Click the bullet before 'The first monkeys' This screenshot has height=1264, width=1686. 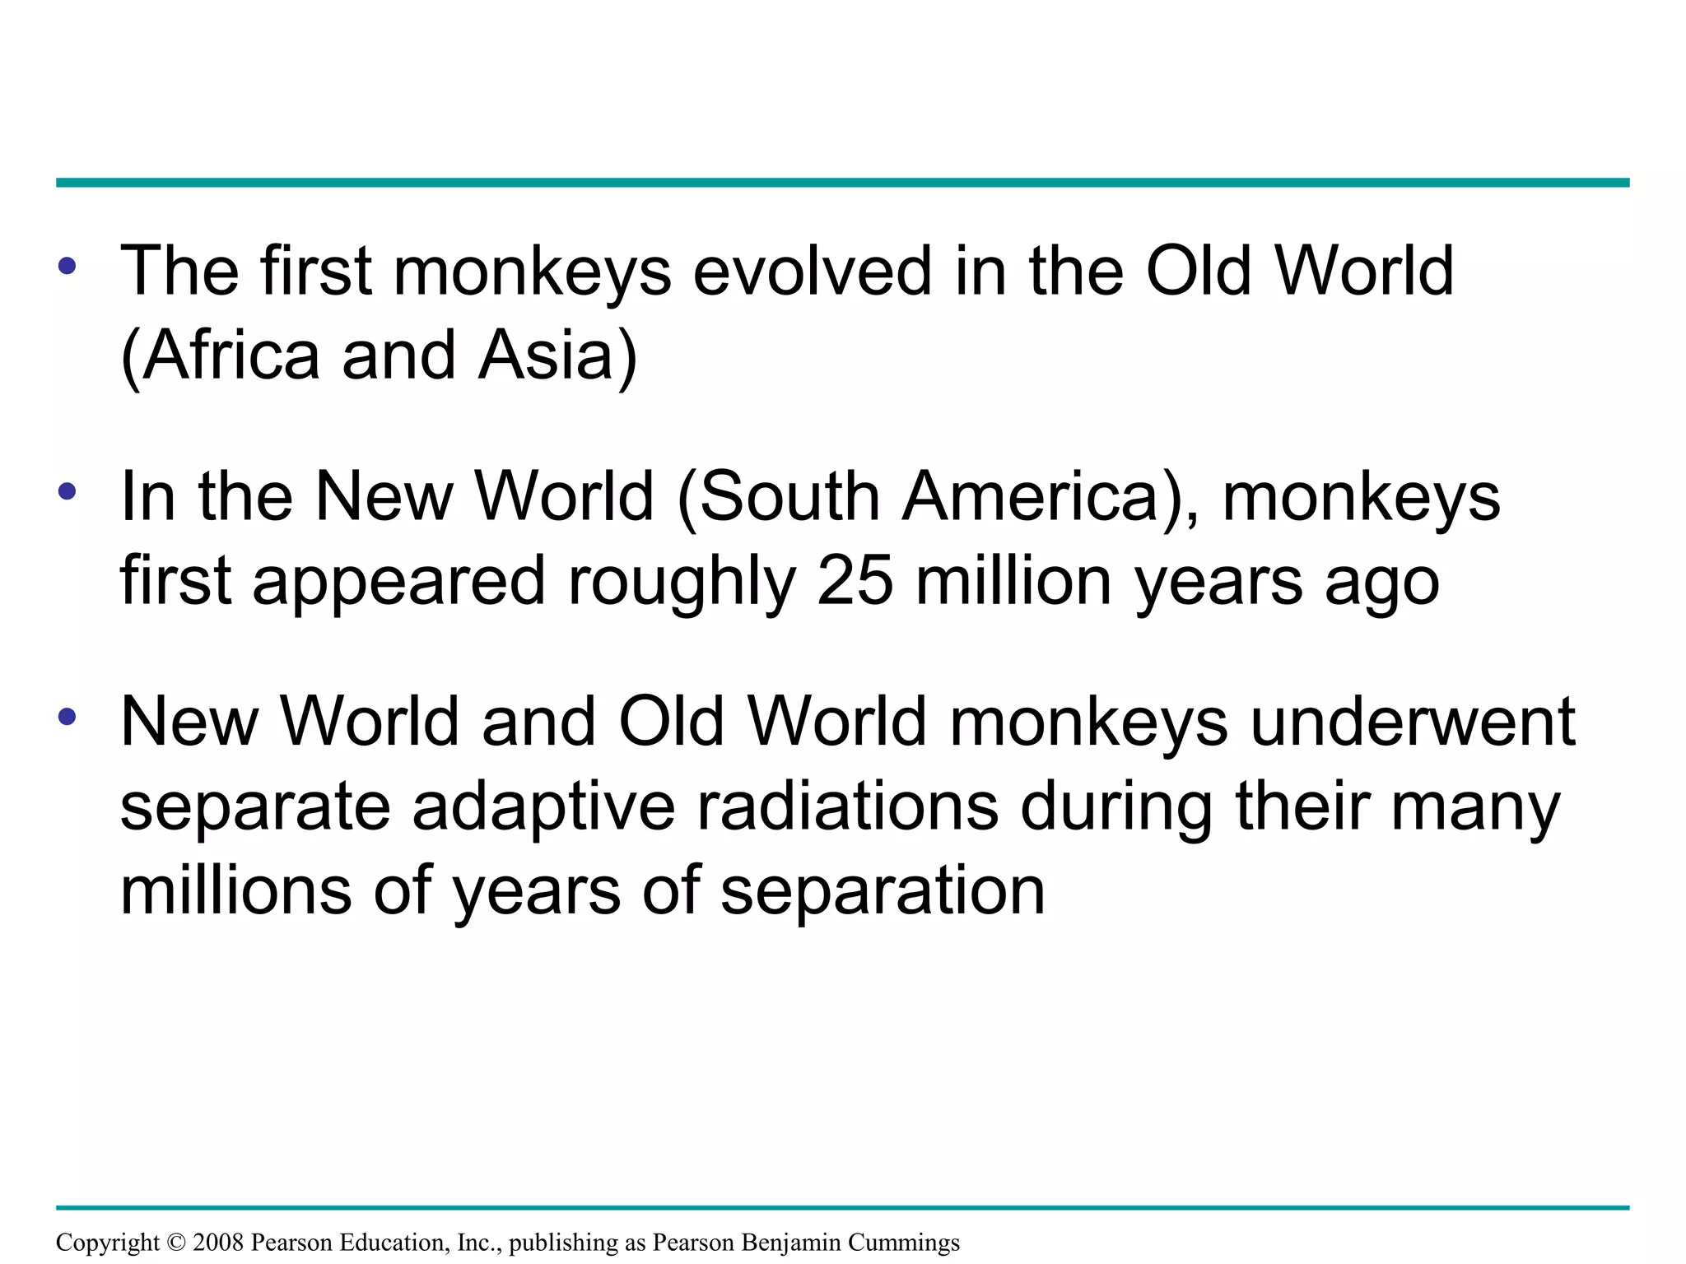click(x=67, y=266)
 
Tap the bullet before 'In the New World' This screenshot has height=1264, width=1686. click(x=67, y=492)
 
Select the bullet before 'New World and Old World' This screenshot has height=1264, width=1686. click(x=67, y=717)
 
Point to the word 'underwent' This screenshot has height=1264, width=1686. click(x=1413, y=723)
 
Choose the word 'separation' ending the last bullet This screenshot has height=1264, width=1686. click(x=883, y=894)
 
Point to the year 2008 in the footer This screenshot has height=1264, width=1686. click(x=218, y=1243)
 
